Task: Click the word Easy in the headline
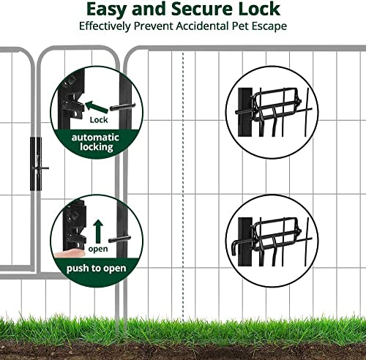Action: pos(106,10)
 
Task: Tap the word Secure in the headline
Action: pos(202,9)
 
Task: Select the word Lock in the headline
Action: pos(259,9)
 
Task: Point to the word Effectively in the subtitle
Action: pos(105,26)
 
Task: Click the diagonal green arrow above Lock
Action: pos(97,107)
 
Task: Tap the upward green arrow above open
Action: pos(98,231)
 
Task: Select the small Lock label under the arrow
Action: pos(99,120)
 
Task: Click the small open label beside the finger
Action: pos(98,249)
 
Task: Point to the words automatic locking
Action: pos(96,142)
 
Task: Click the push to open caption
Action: pos(97,269)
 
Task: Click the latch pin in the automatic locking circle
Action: pos(122,107)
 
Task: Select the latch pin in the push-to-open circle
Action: pos(119,239)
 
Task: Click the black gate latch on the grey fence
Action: pos(37,164)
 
